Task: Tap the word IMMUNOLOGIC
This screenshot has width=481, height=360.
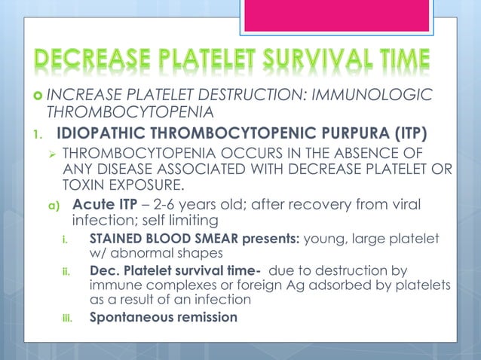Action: [378, 95]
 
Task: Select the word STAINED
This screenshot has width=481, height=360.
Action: [118, 239]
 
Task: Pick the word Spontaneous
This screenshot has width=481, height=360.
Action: [128, 317]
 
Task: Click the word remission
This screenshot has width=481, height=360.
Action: [204, 317]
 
